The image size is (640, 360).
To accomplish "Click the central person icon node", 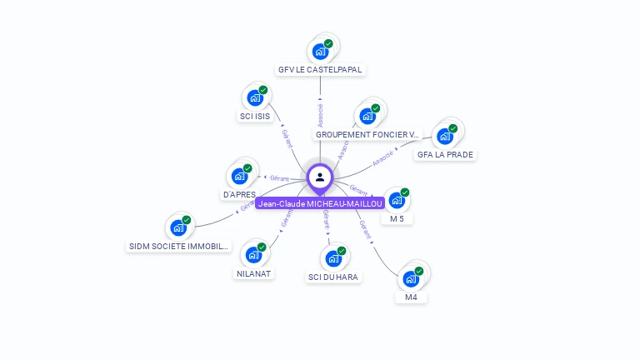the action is (x=320, y=177).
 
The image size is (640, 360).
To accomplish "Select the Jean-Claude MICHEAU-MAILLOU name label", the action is (x=320, y=203).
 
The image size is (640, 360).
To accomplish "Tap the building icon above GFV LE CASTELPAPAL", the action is (x=320, y=51).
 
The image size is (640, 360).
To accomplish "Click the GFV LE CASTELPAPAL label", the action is (x=321, y=70).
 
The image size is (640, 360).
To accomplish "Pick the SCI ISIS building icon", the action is (x=255, y=97).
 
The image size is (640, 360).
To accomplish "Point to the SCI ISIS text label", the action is (x=255, y=117).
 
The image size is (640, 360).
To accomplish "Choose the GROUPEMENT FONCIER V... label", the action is (x=367, y=134).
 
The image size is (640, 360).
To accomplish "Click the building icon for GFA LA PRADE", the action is (x=445, y=136).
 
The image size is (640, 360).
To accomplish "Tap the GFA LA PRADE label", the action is (x=446, y=154).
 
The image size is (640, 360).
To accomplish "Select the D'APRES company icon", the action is (x=239, y=176).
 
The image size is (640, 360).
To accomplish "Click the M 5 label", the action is (x=397, y=218).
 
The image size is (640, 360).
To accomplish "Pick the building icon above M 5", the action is (x=397, y=200).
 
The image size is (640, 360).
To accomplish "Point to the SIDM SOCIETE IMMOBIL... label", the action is (x=178, y=246).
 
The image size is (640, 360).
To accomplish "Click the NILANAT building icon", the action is (x=253, y=255).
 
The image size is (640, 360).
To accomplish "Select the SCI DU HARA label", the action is (x=334, y=277).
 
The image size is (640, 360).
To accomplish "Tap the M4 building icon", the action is (x=411, y=278).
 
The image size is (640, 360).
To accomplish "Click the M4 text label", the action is (x=411, y=297).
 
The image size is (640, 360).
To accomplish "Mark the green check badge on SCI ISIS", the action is (x=263, y=90).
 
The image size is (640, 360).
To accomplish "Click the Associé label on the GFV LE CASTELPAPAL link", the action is (x=321, y=115).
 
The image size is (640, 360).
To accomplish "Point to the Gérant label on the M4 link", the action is (x=364, y=229).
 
